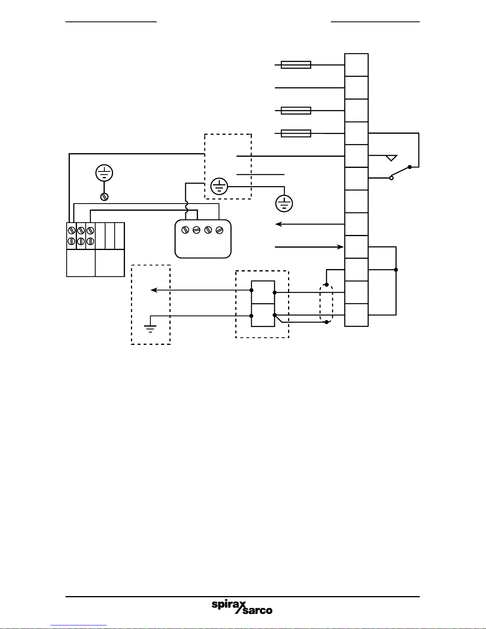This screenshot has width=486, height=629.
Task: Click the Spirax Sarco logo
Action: (x=242, y=607)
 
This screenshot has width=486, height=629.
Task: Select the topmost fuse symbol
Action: (x=296, y=65)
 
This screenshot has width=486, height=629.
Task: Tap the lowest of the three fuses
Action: (x=296, y=133)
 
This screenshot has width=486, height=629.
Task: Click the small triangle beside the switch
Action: (x=391, y=158)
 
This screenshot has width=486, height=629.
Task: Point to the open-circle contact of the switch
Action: (x=391, y=178)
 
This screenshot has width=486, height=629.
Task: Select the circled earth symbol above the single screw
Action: (x=104, y=173)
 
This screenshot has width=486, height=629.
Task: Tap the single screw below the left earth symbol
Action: (x=104, y=196)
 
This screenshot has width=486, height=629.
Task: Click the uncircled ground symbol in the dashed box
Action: (x=150, y=328)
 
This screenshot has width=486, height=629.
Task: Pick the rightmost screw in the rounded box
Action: (x=219, y=230)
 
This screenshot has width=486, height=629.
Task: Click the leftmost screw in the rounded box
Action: (x=185, y=230)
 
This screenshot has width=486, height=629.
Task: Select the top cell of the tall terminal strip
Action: (x=356, y=65)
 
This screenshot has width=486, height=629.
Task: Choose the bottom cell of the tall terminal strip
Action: (x=356, y=315)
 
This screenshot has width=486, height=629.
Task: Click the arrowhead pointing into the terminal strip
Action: (x=340, y=247)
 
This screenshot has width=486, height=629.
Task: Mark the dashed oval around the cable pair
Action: (x=326, y=304)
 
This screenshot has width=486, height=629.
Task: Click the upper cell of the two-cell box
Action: (x=263, y=292)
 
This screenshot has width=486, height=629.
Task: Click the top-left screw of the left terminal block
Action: (x=72, y=230)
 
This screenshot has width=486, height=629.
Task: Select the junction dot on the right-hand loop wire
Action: (x=396, y=270)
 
